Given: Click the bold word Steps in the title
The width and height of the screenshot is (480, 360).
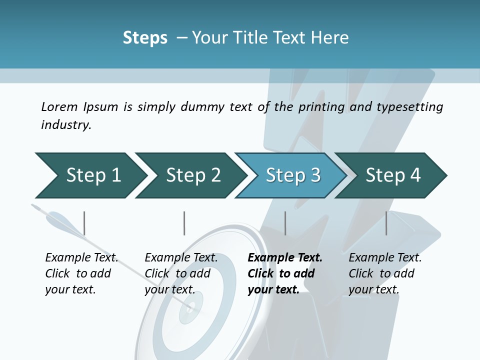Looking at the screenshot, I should (145, 38).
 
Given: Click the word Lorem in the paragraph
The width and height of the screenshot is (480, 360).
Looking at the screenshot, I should (59, 106).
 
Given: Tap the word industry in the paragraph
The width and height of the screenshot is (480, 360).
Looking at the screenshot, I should (65, 124).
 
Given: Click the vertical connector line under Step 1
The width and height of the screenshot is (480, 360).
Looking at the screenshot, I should (84, 223).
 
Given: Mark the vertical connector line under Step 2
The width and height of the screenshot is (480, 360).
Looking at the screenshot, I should (184, 223).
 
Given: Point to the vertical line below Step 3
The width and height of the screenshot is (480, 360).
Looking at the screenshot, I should (285, 223).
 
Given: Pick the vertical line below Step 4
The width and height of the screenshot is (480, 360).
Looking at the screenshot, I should (386, 223).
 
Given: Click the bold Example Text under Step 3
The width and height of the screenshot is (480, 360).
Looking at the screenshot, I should (285, 258).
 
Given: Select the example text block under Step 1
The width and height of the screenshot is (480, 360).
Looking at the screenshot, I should (81, 273).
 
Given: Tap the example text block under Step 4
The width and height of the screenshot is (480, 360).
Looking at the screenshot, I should (385, 273).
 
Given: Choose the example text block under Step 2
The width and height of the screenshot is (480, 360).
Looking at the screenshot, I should (181, 273).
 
